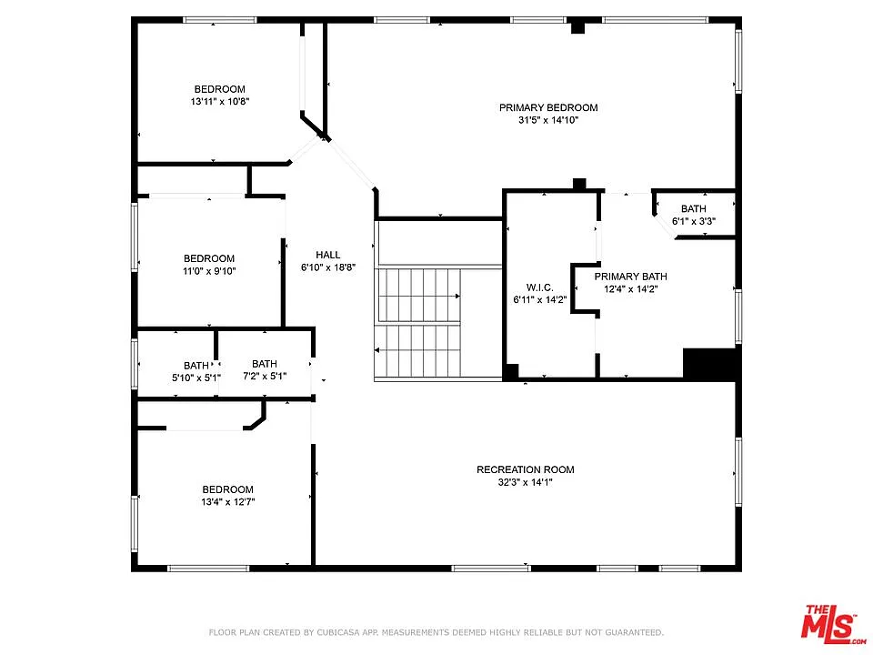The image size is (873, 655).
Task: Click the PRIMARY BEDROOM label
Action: click(x=548, y=107)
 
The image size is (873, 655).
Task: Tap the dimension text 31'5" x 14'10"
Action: click(x=548, y=120)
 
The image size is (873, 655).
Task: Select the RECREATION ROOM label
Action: click(x=526, y=469)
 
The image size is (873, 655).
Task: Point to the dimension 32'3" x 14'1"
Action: click(x=526, y=482)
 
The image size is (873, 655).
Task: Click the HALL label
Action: click(x=328, y=255)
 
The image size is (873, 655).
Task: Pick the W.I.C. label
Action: click(x=539, y=287)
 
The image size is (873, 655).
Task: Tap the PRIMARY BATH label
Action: click(x=630, y=277)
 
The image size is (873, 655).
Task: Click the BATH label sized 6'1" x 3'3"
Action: click(x=693, y=208)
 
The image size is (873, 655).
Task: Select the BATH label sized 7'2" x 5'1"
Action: click(x=265, y=364)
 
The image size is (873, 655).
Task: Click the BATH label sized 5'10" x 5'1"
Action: click(x=196, y=366)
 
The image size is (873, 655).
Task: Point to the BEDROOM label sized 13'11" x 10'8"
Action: click(x=219, y=89)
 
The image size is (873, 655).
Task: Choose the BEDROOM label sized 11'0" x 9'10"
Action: click(x=209, y=258)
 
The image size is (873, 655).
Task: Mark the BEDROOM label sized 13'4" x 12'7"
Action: click(x=227, y=489)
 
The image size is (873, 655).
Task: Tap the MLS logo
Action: click(x=829, y=623)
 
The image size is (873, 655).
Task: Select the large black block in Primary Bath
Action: click(x=708, y=364)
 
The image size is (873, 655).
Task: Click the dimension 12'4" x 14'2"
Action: click(x=630, y=289)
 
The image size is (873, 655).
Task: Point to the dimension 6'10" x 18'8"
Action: click(x=328, y=268)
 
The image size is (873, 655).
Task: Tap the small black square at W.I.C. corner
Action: click(x=511, y=371)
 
